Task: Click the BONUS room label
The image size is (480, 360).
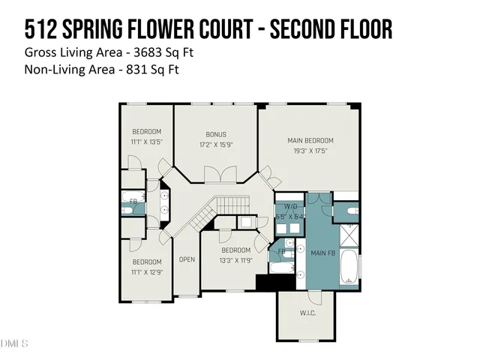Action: pyautogui.click(x=216, y=134)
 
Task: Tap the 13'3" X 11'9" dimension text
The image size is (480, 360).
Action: pyautogui.click(x=235, y=259)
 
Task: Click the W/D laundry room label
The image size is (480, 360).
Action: pyautogui.click(x=289, y=208)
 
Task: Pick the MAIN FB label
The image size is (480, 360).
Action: pyautogui.click(x=323, y=253)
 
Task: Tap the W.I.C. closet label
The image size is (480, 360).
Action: pyautogui.click(x=307, y=312)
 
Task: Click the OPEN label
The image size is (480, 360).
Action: pyautogui.click(x=187, y=259)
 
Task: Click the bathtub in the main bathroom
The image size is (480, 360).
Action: pyautogui.click(x=349, y=267)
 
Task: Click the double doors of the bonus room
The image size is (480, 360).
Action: pyautogui.click(x=215, y=175)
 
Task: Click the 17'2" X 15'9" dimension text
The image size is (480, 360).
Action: pyautogui.click(x=216, y=144)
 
